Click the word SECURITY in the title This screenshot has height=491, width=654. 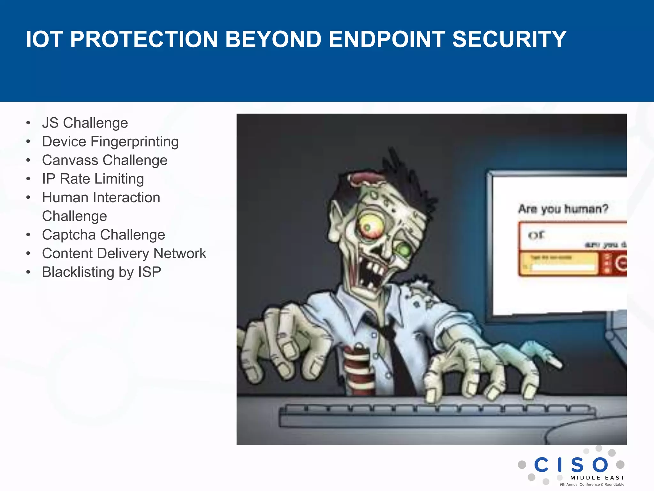coord(509,39)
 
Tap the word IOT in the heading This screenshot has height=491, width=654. coord(44,39)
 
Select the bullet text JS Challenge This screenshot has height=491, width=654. coord(85,123)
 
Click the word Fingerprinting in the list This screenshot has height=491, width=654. coord(134,142)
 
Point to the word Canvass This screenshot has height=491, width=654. coord(70,160)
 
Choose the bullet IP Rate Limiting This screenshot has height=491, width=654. coord(93,179)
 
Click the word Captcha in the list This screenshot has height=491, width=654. coord(69,235)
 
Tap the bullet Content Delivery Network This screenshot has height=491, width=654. coord(124,253)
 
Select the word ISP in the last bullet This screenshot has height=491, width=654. coord(149,272)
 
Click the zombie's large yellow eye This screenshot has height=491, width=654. coord(370,225)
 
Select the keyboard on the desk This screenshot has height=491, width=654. coord(437,416)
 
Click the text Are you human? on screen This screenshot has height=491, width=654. coord(563,209)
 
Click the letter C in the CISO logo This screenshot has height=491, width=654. coord(541,465)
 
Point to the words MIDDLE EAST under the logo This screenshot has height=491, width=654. coord(597,478)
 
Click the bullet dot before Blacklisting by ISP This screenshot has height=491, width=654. coord(28,272)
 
